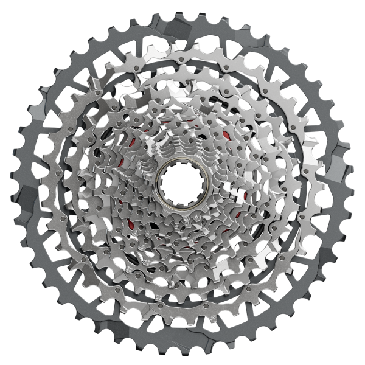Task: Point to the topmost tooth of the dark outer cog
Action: [182, 10]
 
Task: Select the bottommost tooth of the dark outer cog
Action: [182, 356]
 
